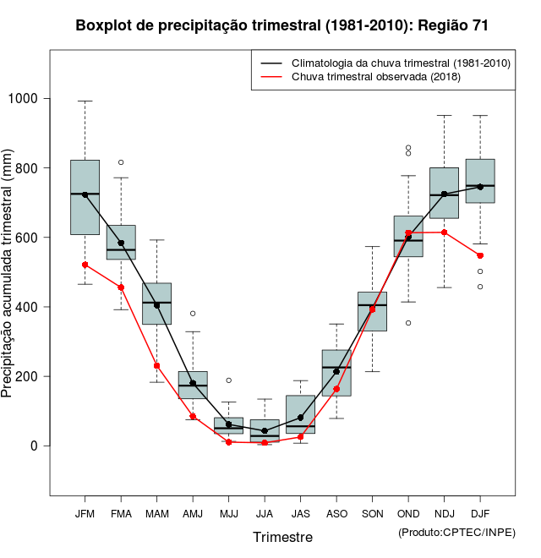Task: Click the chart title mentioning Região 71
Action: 281,25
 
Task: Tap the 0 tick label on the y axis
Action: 36,446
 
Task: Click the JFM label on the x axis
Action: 85,513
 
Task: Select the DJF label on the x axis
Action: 480,513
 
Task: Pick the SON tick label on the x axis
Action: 373,513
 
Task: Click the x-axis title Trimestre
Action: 282,537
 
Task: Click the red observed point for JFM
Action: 85,265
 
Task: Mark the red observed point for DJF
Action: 480,255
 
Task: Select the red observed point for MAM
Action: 156,365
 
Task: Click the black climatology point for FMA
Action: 121,243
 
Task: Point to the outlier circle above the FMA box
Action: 121,162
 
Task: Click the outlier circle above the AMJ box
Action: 193,314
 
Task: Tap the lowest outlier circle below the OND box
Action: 408,323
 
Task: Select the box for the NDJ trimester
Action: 444,193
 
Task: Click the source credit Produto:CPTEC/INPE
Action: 456,532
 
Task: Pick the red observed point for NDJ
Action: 444,232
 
